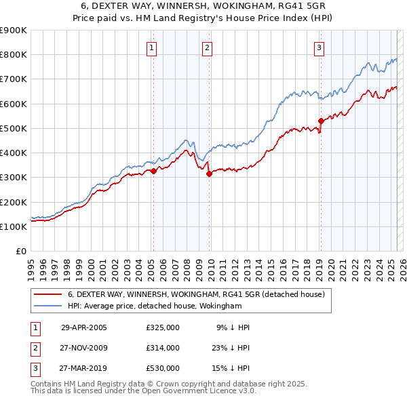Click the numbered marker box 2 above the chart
(x=206, y=47)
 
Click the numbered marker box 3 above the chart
(x=318, y=47)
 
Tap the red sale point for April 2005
(x=153, y=172)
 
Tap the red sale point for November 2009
(x=209, y=174)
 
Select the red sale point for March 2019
(x=321, y=121)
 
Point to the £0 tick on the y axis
(x=20, y=251)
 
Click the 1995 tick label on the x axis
(x=31, y=264)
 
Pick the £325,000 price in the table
(x=163, y=327)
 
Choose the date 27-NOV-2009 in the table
(x=84, y=348)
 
